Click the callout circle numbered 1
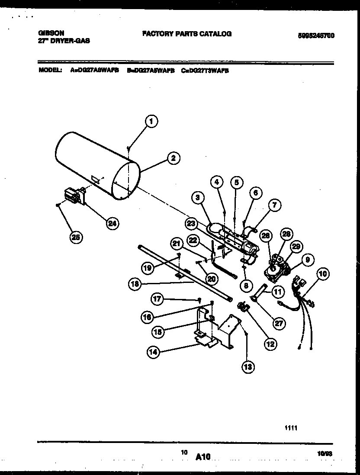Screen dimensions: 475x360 (x=151, y=122)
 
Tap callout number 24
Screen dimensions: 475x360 (x=112, y=223)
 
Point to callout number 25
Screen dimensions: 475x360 (x=76, y=237)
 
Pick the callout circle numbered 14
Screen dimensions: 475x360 (x=153, y=352)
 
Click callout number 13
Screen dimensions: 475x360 (x=247, y=367)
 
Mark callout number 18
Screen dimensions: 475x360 (x=135, y=284)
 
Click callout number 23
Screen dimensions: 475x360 (x=191, y=223)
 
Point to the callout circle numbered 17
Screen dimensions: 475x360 (x=157, y=298)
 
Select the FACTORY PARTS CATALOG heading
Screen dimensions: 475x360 (x=186, y=33)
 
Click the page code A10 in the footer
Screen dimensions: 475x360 (x=202, y=456)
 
